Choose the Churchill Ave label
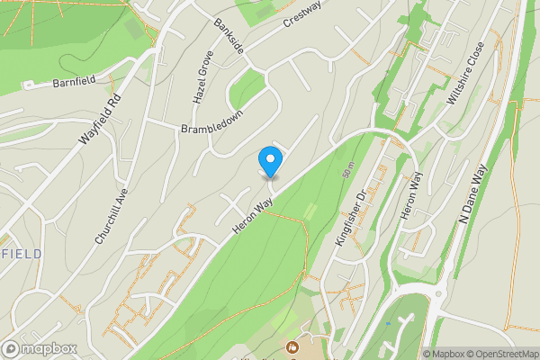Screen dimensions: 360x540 click(112, 216)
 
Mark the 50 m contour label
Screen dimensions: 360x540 click(346, 166)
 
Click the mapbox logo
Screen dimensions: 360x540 click(39, 348)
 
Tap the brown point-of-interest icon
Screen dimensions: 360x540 click(292, 346)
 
